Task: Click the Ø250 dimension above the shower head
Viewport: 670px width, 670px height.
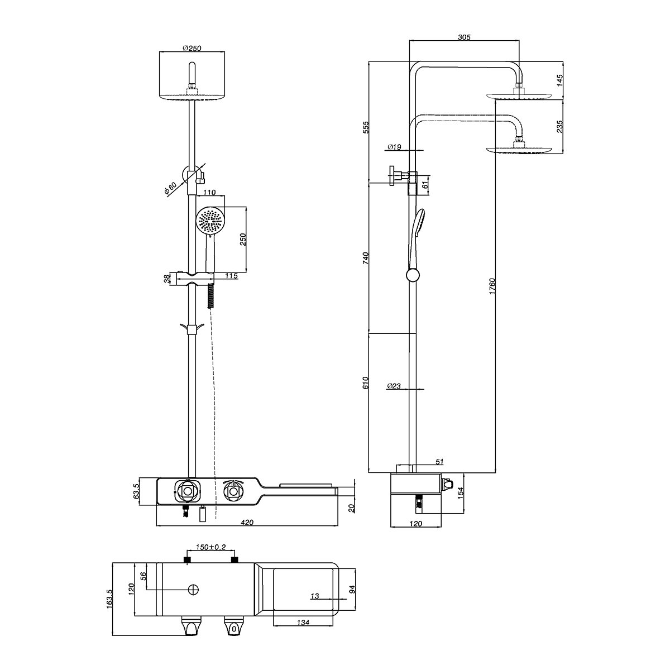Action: (x=192, y=48)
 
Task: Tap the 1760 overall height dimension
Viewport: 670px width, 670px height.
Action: (x=492, y=286)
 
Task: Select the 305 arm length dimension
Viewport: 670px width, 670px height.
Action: (x=464, y=37)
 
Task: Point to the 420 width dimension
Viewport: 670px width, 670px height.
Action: (x=247, y=522)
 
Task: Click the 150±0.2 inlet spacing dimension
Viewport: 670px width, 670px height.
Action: (x=210, y=547)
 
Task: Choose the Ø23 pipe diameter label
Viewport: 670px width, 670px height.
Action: (x=394, y=386)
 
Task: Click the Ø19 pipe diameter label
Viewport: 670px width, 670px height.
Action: (x=394, y=147)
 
